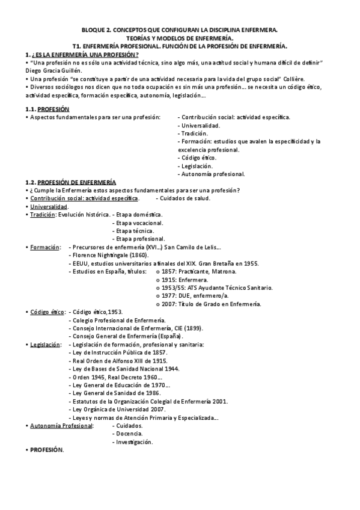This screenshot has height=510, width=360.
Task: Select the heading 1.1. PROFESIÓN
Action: tap(53, 108)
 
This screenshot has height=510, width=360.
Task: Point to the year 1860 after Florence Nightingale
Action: tap(139, 254)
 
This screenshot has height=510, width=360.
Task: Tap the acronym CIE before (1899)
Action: tap(177, 328)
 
